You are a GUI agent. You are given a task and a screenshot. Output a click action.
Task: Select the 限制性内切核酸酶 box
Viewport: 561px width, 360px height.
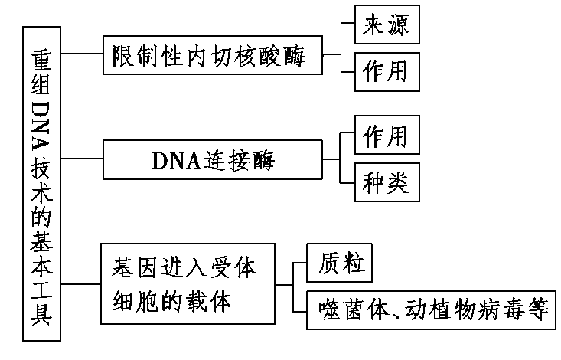click(211, 54)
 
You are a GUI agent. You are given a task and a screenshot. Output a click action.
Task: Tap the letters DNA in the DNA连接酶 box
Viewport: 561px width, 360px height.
click(172, 161)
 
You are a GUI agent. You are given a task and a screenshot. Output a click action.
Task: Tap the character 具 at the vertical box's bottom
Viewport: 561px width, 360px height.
click(44, 315)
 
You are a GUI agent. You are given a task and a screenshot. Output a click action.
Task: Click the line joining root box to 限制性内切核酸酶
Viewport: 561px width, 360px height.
click(82, 54)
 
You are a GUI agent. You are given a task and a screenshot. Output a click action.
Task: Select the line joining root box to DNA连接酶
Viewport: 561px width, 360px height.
click(82, 159)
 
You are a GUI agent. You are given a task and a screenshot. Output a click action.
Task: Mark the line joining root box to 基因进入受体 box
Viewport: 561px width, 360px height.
click(82, 284)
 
